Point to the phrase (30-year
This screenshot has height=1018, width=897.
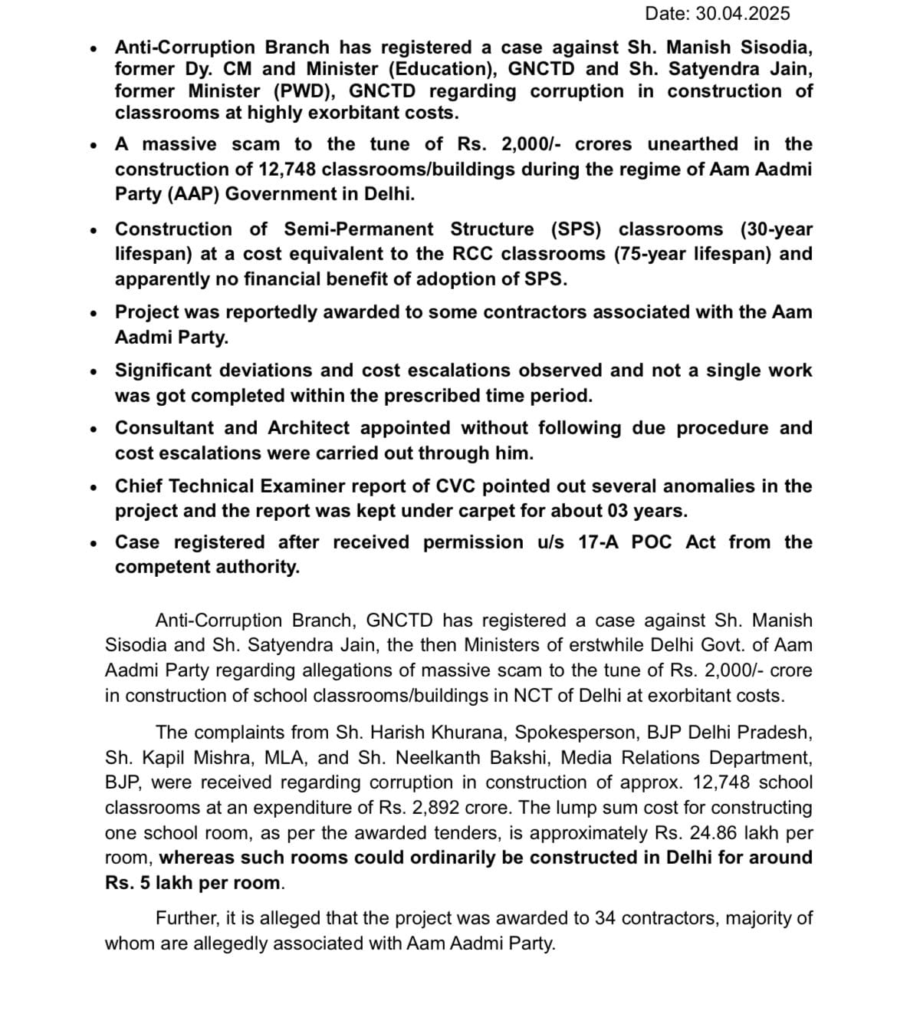tap(776, 229)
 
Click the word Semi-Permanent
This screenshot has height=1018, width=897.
tap(358, 229)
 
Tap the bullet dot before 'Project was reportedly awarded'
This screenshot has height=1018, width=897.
tap(93, 313)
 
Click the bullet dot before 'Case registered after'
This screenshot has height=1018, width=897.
tap(93, 543)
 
